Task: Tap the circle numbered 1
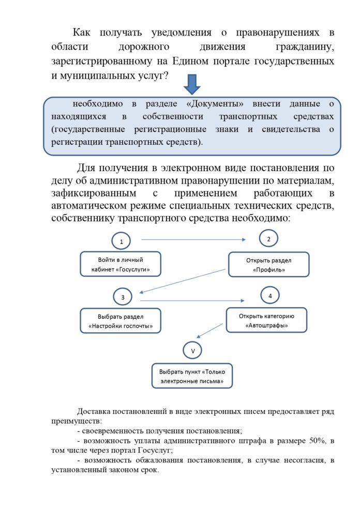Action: pyautogui.click(x=122, y=241)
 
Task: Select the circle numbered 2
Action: pyautogui.click(x=268, y=238)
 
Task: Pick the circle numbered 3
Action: pyautogui.click(x=123, y=297)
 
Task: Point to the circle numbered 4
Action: pyautogui.click(x=269, y=296)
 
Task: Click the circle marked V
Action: pyautogui.click(x=192, y=351)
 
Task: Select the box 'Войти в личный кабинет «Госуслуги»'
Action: pyautogui.click(x=121, y=264)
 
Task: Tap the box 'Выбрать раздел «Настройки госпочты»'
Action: pyautogui.click(x=121, y=321)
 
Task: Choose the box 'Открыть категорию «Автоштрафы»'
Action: pyautogui.click(x=266, y=320)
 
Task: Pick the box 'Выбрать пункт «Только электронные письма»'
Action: pyautogui.click(x=192, y=376)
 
